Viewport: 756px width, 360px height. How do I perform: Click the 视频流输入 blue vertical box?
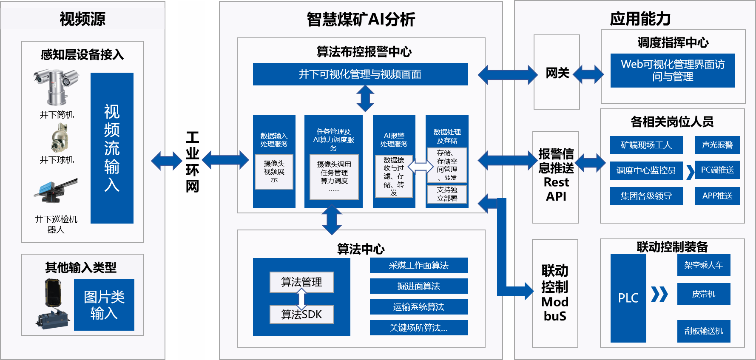[x=112, y=148]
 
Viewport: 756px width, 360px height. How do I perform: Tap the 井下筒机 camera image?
[x=56, y=87]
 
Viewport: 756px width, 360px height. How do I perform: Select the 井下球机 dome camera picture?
[x=58, y=138]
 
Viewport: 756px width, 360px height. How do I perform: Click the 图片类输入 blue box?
[x=104, y=305]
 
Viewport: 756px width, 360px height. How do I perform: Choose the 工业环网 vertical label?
[x=192, y=162]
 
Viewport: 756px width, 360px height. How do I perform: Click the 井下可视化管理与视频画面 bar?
[x=360, y=74]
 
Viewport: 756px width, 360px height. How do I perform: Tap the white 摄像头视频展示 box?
[x=274, y=171]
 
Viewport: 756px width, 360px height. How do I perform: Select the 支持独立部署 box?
[x=447, y=194]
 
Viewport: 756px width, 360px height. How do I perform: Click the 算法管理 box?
[x=301, y=282]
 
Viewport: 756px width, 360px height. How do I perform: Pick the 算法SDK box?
[x=301, y=315]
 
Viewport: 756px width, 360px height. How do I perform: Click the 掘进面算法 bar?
[x=418, y=286]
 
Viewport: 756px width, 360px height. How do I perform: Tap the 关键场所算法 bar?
[x=418, y=328]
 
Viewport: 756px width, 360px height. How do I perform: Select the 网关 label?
[x=557, y=73]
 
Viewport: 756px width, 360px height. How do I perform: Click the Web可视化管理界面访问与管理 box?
[x=672, y=71]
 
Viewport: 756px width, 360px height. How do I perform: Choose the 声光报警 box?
[x=717, y=145]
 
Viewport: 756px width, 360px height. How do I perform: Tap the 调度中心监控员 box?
[x=646, y=170]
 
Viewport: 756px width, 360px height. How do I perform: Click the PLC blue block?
[x=628, y=298]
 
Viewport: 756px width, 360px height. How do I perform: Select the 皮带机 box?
[x=703, y=294]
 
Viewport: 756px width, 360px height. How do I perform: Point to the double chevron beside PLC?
[x=659, y=294]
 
